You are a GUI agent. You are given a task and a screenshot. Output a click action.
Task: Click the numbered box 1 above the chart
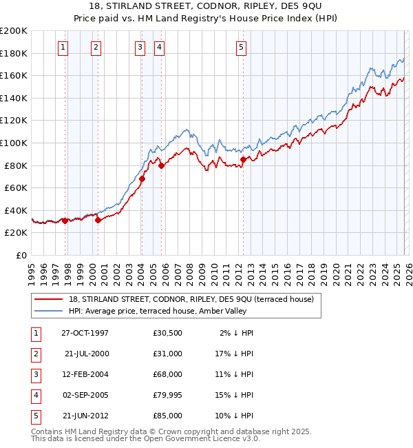[63, 48]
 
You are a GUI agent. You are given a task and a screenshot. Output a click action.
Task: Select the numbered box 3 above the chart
[140, 48]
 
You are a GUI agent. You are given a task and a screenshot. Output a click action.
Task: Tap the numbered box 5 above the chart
[242, 48]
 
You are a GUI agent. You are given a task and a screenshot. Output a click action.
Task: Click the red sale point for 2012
[243, 159]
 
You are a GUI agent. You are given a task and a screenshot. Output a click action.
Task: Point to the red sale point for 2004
[142, 179]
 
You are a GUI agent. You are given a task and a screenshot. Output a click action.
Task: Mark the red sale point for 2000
[98, 221]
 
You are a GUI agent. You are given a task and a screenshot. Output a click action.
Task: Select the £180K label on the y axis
[14, 53]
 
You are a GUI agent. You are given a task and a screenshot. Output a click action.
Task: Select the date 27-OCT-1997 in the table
[85, 333]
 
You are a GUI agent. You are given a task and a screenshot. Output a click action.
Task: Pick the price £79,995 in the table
[168, 396]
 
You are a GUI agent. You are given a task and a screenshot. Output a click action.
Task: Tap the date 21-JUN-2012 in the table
[85, 416]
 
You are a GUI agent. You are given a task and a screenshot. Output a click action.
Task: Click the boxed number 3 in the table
[34, 375]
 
